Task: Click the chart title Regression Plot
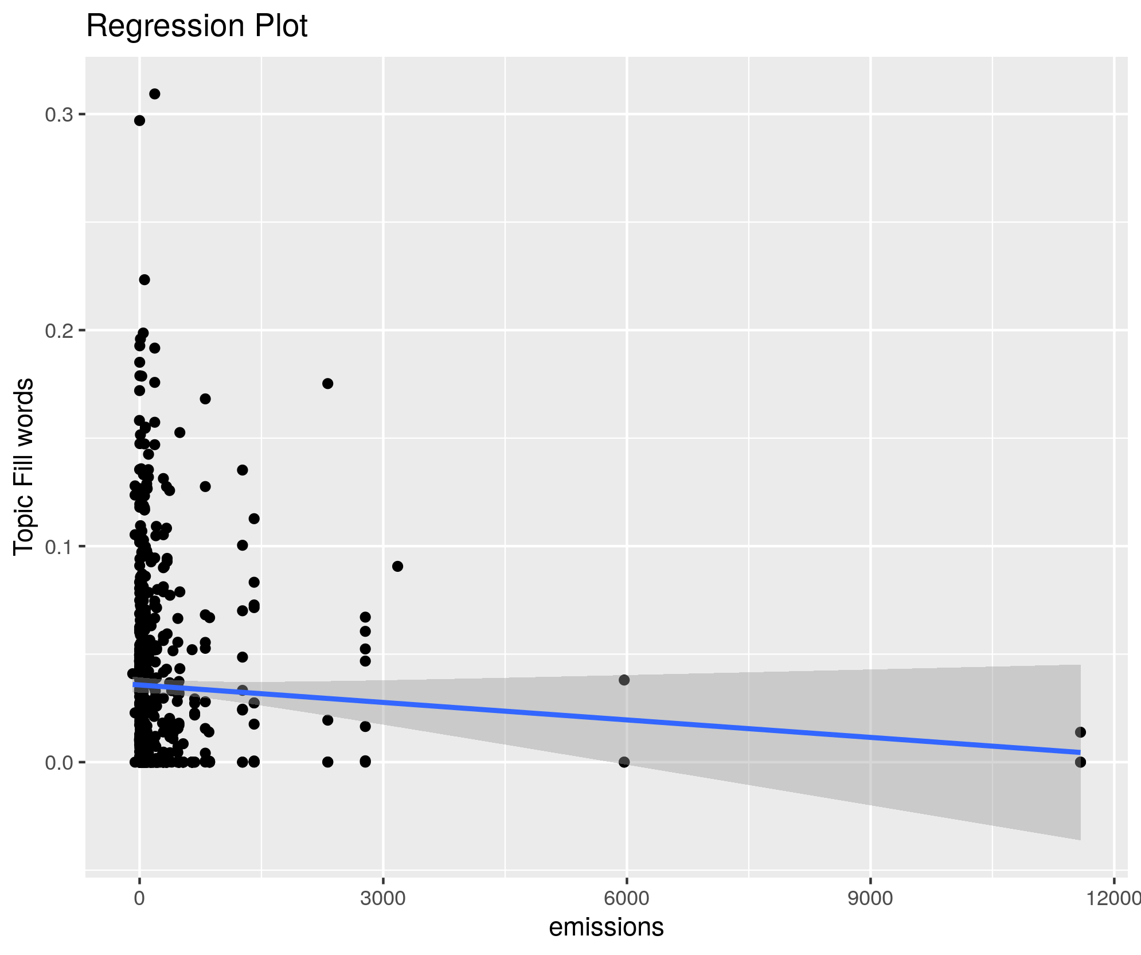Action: [197, 26]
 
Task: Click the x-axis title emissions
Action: [606, 927]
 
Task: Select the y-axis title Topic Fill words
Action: [24, 466]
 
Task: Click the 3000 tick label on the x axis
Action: [383, 898]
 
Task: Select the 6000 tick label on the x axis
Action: [627, 898]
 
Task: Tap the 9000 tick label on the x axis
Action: [870, 898]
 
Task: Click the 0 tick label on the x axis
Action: [139, 898]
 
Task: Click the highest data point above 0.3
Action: [154, 94]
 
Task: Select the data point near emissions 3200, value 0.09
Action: [397, 566]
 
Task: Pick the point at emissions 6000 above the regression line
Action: [624, 680]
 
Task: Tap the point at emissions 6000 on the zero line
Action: [624, 762]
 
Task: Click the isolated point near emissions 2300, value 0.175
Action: [327, 384]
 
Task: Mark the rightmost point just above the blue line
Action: [1080, 732]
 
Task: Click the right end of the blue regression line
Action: [1079, 752]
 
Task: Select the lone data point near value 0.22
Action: [144, 279]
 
